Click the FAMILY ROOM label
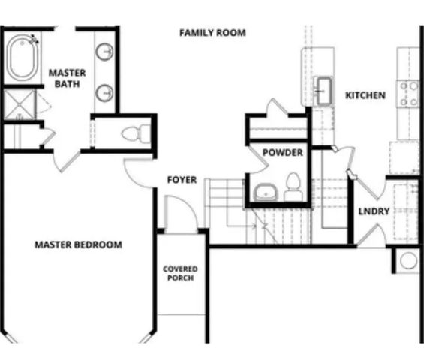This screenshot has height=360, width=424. point(212,33)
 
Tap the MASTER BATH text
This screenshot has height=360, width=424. point(68,78)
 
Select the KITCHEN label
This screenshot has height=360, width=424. point(365,95)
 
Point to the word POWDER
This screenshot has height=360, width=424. point(282,153)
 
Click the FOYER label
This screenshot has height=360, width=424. point(182,180)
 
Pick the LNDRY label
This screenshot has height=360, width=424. point(373,211)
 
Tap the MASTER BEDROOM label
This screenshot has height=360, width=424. point(78,244)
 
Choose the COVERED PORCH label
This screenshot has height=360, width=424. point(181,274)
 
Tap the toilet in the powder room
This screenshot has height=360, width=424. point(293,187)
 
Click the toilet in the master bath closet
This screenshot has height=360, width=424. point(133,135)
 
